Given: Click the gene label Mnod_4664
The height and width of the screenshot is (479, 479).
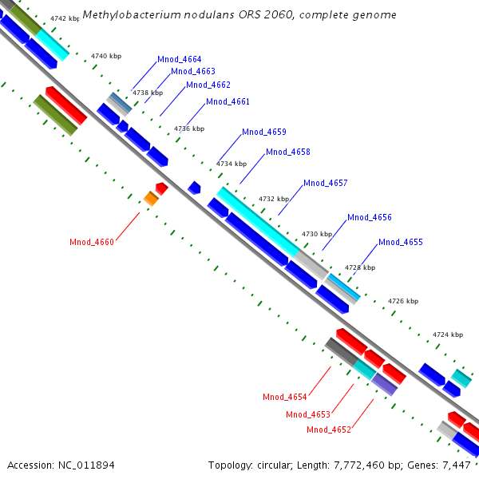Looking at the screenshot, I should point(180,60).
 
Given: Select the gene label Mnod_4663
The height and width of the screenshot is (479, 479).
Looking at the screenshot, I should point(193,72).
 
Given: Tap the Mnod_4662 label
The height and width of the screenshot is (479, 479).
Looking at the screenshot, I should point(208,85).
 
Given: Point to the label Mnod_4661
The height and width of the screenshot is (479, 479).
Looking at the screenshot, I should point(228,102).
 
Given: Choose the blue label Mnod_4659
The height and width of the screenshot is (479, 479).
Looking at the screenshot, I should point(264,132).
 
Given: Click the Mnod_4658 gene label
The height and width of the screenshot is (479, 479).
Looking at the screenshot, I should point(288,152).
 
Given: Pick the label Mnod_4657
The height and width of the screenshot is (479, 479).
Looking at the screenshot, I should point(326,184).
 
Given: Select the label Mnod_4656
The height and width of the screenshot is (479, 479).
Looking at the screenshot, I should point(370,218).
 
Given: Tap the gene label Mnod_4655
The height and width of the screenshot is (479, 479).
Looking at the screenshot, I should point(401,243).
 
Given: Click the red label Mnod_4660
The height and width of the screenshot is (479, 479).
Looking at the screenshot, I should point(92,243).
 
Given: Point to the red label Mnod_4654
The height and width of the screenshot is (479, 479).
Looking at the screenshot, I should point(285,397).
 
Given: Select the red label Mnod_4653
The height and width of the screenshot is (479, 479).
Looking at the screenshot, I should point(308,414).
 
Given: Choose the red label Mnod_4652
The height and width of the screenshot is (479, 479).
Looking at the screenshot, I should point(329,430).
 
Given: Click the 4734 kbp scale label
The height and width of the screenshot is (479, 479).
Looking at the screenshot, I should point(232,164).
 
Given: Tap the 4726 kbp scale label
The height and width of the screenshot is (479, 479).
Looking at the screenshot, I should point(403,302).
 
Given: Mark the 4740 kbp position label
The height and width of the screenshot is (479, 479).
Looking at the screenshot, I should point(106,56).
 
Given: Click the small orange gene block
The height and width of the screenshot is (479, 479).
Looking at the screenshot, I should point(151,198).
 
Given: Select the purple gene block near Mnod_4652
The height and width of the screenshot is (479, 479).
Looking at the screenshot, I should point(384,384).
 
